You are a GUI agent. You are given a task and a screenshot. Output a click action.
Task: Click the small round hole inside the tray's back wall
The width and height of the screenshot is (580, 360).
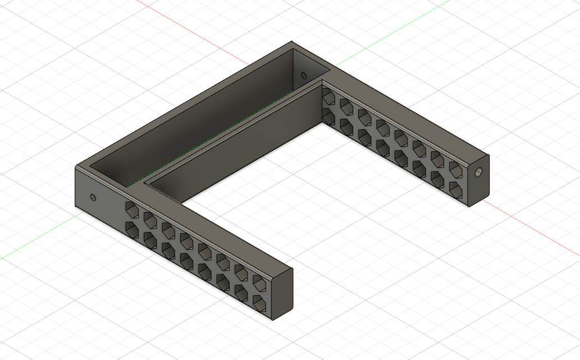pyautogui.click(x=304, y=75)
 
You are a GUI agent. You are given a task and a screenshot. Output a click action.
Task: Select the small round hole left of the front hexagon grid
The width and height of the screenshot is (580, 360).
pyautogui.click(x=93, y=197)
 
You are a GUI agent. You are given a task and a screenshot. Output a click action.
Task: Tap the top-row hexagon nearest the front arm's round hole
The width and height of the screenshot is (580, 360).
pyautogui.click(x=132, y=210)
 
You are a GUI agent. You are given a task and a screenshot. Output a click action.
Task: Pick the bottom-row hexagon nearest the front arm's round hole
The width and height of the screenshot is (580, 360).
pyautogui.click(x=132, y=228)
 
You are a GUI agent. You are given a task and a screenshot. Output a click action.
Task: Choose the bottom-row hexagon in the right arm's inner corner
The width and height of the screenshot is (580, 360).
pyautogui.click(x=329, y=115)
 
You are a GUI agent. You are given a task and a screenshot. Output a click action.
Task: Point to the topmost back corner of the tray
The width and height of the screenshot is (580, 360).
pyautogui.click(x=291, y=42)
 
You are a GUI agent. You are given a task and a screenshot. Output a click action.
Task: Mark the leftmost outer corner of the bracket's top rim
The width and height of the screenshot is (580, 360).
pyautogui.click(x=76, y=166)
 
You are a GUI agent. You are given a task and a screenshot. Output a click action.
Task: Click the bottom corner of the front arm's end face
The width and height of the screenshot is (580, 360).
pyautogui.click(x=273, y=321)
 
